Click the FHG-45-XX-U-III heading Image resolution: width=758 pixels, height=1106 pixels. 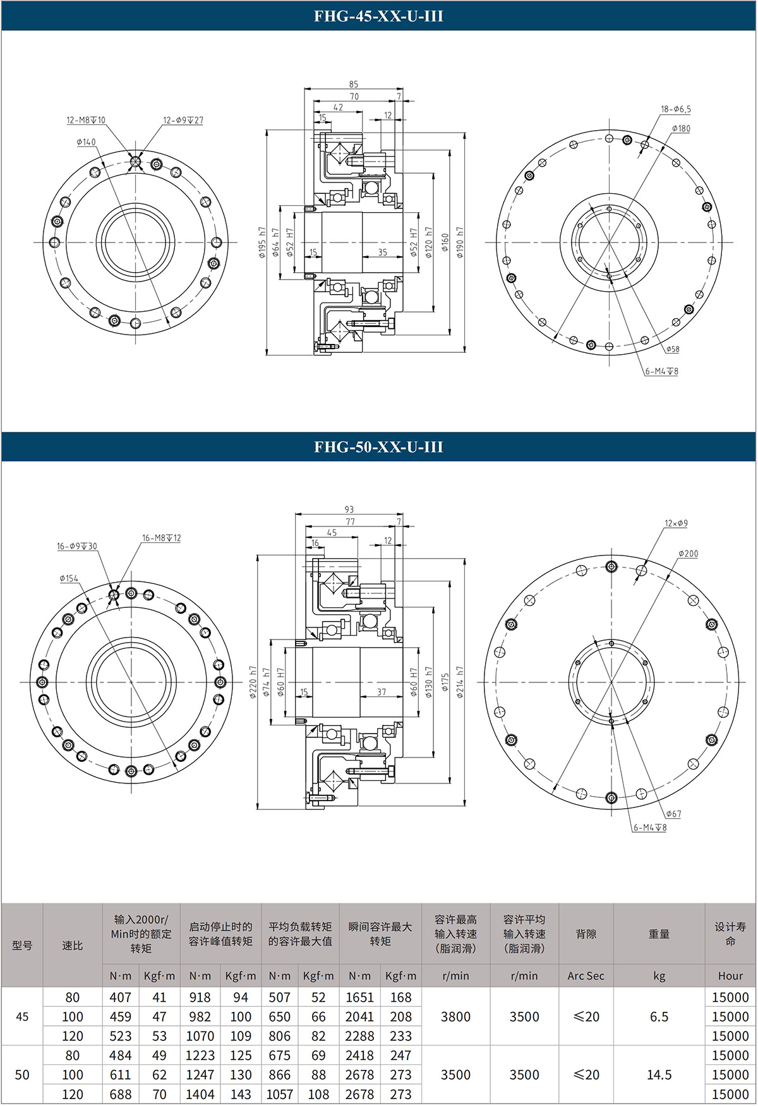tap(378, 16)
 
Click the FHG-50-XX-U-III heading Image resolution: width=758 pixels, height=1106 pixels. tap(378, 447)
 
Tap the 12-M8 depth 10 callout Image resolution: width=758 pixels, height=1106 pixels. tap(86, 120)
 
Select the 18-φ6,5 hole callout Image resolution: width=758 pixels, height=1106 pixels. tap(676, 109)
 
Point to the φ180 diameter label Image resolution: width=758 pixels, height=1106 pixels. tap(681, 129)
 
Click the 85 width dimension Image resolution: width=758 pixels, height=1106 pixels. tap(353, 84)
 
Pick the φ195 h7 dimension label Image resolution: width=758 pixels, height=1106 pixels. tap(262, 243)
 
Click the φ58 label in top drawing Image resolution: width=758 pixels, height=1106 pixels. tap(673, 349)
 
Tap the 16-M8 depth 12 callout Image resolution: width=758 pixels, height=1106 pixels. tap(161, 538)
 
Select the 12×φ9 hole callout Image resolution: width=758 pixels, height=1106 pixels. tap(676, 523)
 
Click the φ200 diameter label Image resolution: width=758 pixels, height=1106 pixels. tap(688, 554)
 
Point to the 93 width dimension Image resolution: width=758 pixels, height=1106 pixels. tap(349, 509)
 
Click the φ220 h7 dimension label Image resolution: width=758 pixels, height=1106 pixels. tap(253, 682)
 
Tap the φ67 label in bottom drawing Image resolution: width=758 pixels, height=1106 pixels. tap(673, 814)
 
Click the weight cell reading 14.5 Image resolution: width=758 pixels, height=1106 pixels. tap(659, 1074)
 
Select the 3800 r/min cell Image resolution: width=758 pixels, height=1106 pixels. tap(455, 1016)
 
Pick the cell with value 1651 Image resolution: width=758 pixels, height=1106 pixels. tap(359, 997)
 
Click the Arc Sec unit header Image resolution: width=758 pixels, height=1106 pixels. tap(586, 975)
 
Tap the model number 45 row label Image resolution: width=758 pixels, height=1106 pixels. tap(22, 1016)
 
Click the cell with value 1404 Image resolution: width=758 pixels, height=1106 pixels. tap(200, 1094)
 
